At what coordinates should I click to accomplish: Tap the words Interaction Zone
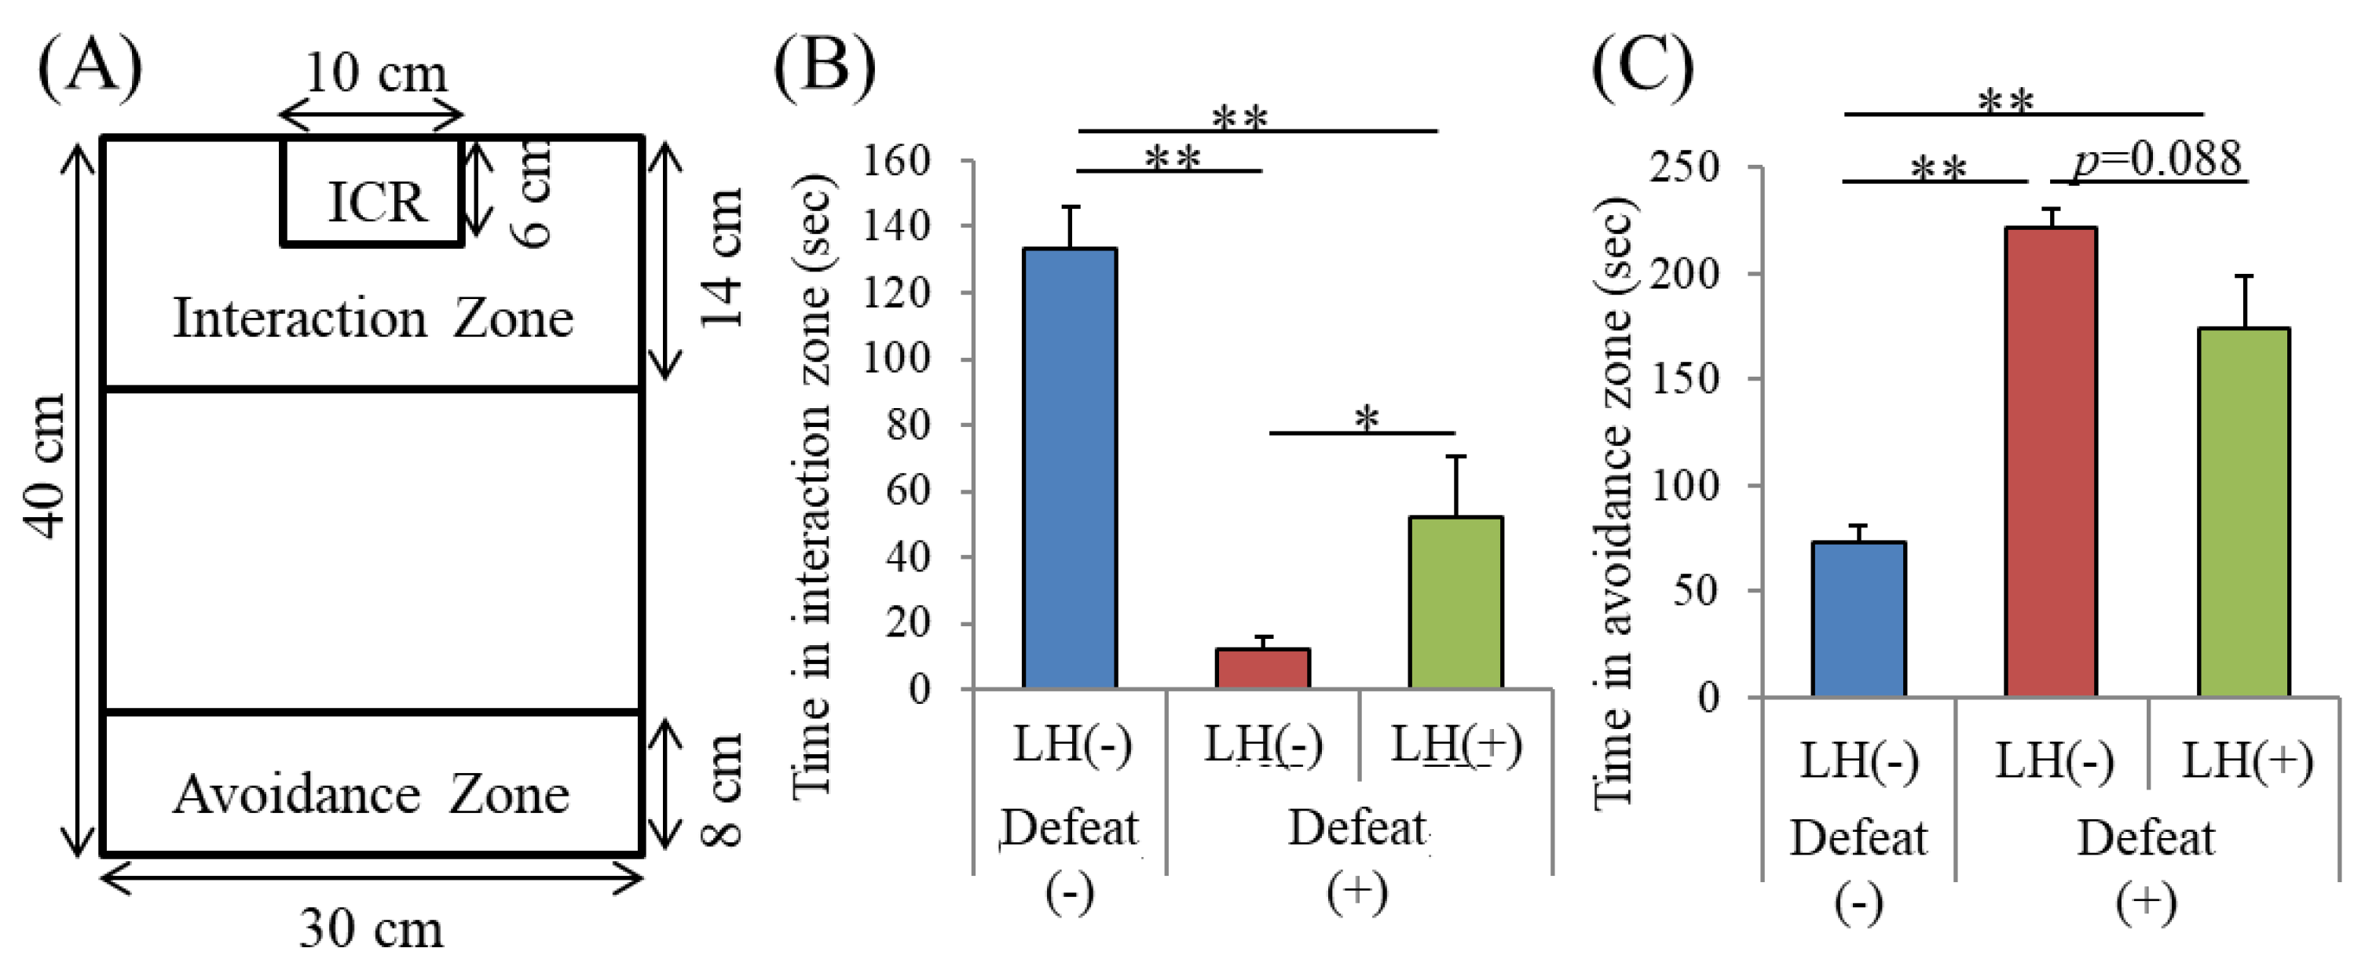point(373,319)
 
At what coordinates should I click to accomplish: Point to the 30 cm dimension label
point(371,928)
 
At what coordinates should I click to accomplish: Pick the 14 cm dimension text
point(722,258)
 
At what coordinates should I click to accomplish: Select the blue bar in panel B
point(1070,468)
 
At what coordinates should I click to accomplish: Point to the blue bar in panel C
point(1858,618)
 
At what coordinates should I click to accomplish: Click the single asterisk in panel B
point(1366,419)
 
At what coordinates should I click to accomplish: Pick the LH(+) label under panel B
point(1456,743)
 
